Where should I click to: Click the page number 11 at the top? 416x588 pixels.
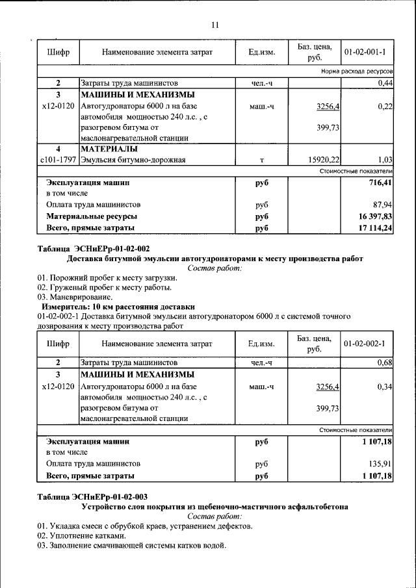point(214,25)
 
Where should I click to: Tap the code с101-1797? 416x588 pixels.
point(58,159)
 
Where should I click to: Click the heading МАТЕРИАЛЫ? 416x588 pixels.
point(109,149)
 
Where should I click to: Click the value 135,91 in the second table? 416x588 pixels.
point(380,464)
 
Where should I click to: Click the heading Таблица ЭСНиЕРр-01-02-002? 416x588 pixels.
point(94,248)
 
